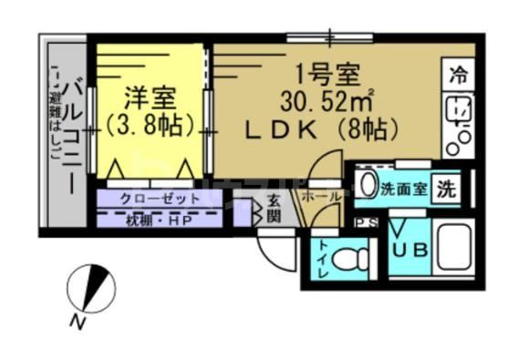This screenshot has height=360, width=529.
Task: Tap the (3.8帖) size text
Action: click(151, 122)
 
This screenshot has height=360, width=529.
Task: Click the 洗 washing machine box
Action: click(446, 190)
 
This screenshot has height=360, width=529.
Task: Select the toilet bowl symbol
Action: click(346, 261)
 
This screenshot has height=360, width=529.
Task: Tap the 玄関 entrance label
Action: click(273, 210)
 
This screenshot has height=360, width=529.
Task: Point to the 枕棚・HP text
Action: click(158, 219)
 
